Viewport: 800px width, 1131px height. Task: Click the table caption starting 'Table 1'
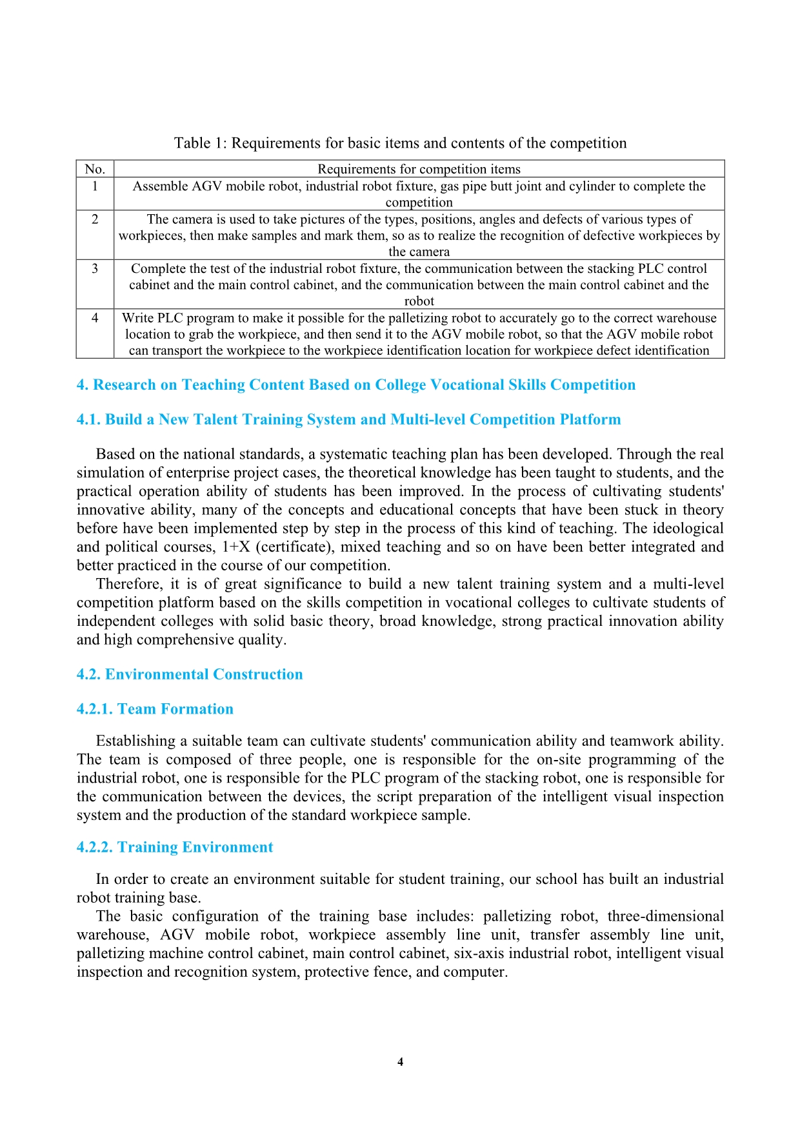[400, 143]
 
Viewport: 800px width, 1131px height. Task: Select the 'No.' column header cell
[95, 169]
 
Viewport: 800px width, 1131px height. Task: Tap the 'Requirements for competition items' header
[419, 169]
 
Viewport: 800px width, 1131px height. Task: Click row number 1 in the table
[95, 186]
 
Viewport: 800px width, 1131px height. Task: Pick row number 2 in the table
[95, 219]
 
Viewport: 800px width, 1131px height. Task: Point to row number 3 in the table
[95, 268]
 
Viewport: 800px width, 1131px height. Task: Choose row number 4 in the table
[95, 318]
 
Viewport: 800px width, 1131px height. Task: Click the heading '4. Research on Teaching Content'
[355, 385]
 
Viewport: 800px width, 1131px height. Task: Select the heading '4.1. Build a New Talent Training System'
[348, 420]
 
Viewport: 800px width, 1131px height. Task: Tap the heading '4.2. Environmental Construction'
[190, 675]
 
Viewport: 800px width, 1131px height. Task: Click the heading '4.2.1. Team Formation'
[155, 710]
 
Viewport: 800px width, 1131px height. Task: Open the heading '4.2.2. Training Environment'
[175, 848]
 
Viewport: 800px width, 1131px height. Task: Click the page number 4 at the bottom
[400, 1062]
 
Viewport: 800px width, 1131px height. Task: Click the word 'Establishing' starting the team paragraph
[135, 741]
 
